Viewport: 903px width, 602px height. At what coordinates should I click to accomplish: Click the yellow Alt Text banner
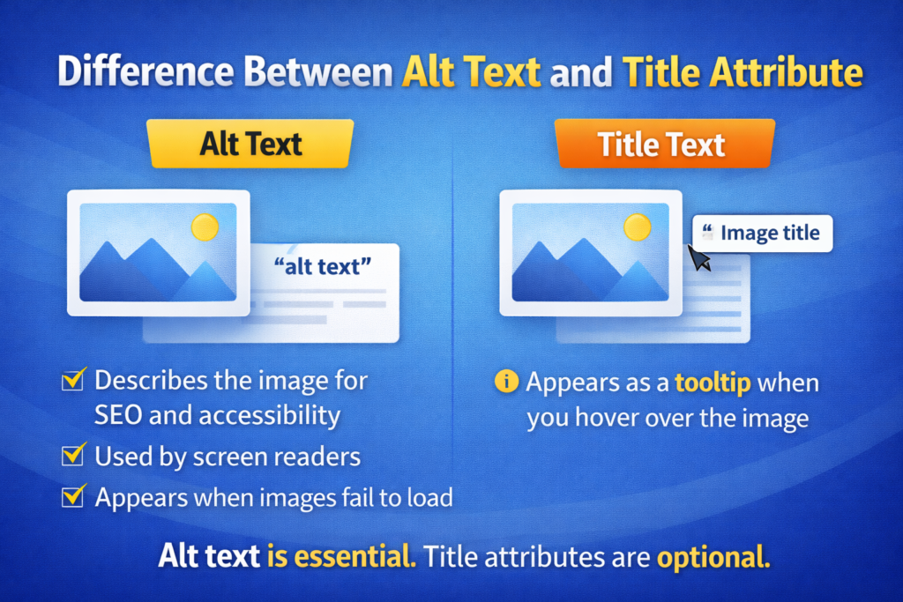pyautogui.click(x=250, y=144)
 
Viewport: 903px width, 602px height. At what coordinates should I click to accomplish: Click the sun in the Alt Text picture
pyautogui.click(x=205, y=227)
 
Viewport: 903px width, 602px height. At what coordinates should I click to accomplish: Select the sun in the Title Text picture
pyautogui.click(x=637, y=227)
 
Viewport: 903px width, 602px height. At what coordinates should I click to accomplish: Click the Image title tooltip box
pyautogui.click(x=764, y=234)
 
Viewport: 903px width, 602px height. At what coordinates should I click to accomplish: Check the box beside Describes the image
pyautogui.click(x=71, y=381)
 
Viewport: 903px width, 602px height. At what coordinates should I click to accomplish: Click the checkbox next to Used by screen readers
pyautogui.click(x=71, y=456)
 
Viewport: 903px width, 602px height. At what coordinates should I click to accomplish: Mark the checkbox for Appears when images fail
pyautogui.click(x=71, y=497)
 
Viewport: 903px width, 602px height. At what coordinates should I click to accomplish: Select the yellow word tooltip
pyautogui.click(x=713, y=383)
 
